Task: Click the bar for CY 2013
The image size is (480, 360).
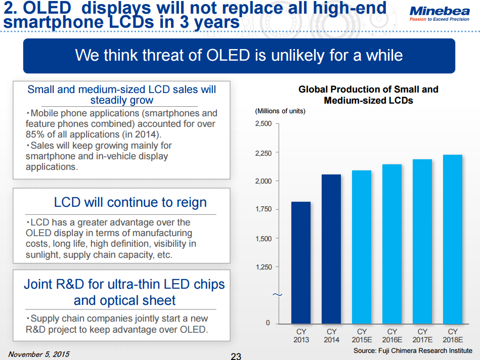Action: (301, 262)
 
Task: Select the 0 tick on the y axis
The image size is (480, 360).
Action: (268, 323)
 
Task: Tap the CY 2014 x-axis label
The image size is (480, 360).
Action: (331, 336)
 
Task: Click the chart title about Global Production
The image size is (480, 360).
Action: (368, 95)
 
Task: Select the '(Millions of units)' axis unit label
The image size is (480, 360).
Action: (280, 111)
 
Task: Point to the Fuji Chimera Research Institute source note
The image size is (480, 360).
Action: (413, 350)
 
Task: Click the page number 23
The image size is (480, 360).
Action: (236, 356)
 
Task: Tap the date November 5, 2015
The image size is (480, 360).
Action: (39, 353)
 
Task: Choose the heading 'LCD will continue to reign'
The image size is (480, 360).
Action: (130, 202)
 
